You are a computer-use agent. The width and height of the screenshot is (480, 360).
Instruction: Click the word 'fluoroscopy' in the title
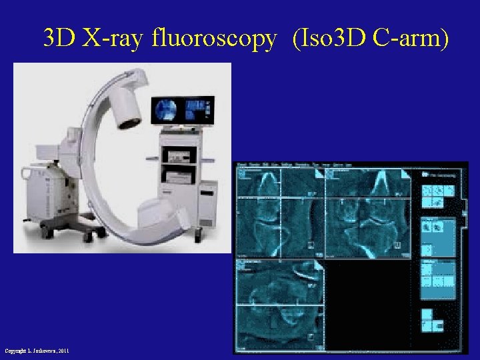pos(213,39)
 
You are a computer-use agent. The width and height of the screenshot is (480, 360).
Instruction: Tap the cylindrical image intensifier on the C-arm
pos(127,107)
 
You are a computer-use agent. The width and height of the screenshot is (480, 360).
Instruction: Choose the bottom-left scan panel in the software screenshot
pos(279,304)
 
